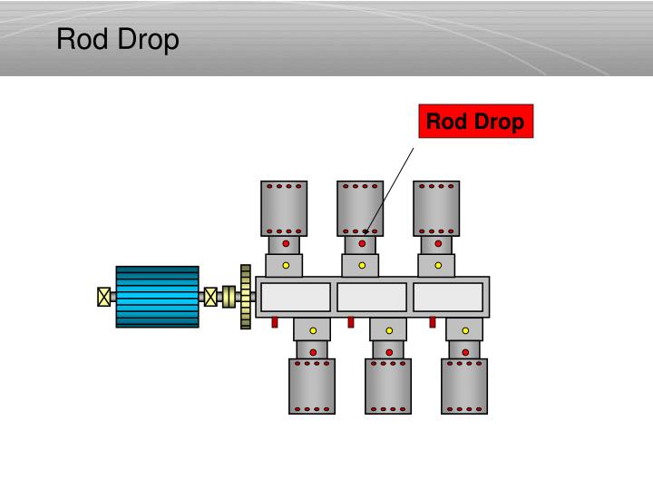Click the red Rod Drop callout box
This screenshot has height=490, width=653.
pos(475,122)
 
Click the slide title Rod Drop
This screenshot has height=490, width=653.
pos(118,40)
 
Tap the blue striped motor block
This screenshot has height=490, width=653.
pos(157,297)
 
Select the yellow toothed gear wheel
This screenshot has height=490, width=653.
pos(245,297)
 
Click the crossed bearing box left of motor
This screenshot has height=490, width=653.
pos(103,297)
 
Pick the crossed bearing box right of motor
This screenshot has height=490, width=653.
pos(210,297)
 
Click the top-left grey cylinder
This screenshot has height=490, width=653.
pos(284,208)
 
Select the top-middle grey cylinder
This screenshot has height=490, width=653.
pos(360,208)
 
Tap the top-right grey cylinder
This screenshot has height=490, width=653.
pos(436,208)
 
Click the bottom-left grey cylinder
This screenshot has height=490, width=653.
pos(312,386)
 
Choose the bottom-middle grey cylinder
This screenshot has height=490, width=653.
pos(388,386)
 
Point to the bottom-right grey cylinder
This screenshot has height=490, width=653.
pos(464,386)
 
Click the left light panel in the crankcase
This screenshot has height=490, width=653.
pos(296,297)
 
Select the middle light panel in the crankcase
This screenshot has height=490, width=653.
pos(372,297)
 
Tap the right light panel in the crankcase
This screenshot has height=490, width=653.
pos(448,297)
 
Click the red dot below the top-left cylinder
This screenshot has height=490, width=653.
pos(286,244)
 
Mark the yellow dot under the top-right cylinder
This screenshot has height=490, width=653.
pos(438,266)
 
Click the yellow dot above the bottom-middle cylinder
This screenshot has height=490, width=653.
pos(389,330)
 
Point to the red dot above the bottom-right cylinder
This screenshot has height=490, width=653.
pos(465,351)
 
